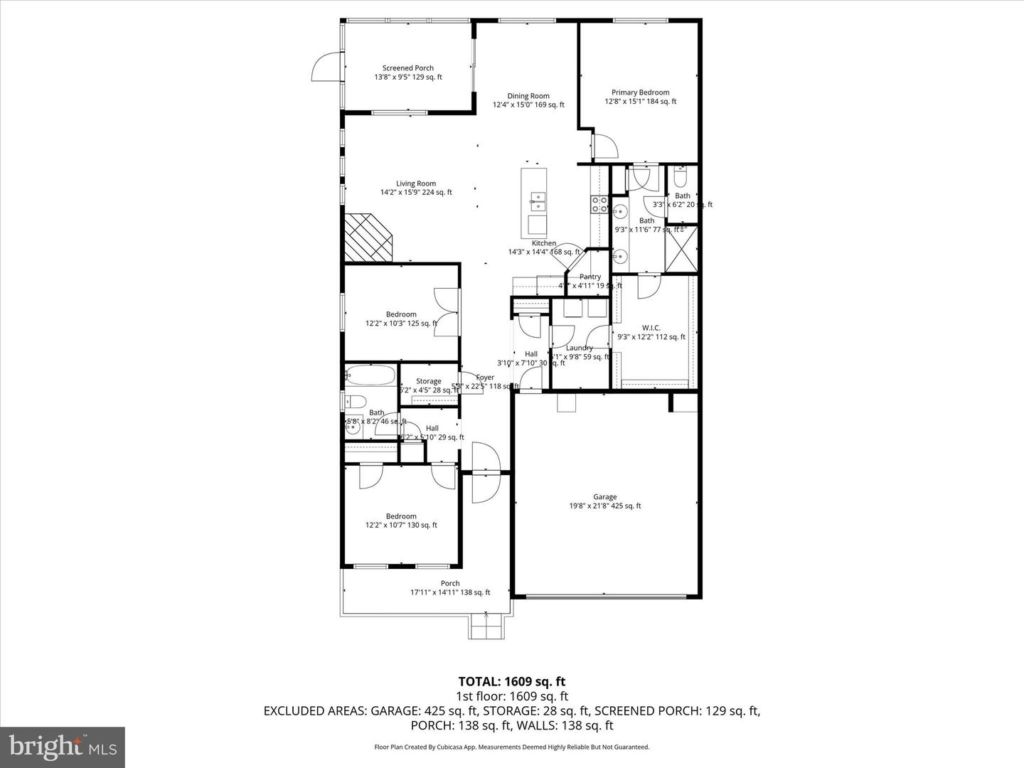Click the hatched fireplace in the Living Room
click(368, 238)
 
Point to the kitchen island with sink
click(535, 203)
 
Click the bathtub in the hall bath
click(370, 376)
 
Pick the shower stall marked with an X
click(681, 248)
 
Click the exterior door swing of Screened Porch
click(326, 68)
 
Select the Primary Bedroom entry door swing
click(604, 146)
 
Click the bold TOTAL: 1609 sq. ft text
click(512, 681)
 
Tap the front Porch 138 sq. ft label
click(450, 587)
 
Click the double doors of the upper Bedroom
click(446, 312)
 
